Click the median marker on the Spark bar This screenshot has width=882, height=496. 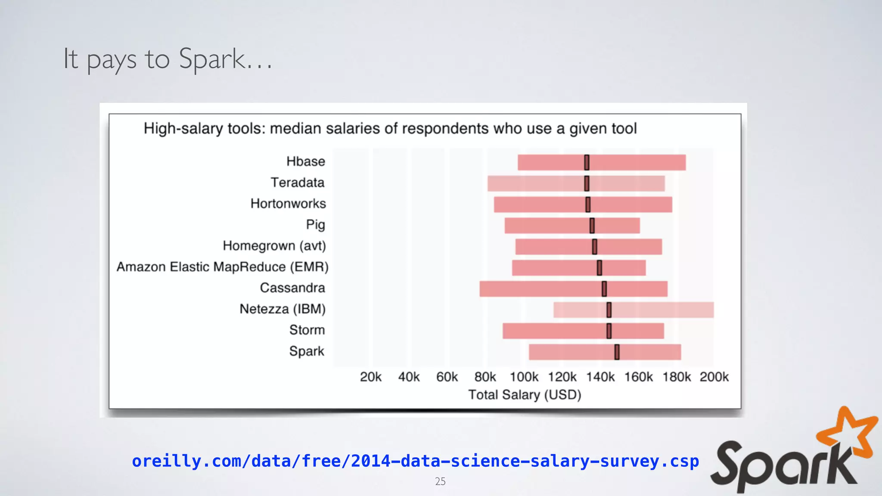coord(617,352)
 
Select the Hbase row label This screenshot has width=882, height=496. coord(305,161)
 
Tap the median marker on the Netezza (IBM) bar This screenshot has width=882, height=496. coord(609,310)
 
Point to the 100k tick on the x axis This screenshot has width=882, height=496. coord(524,377)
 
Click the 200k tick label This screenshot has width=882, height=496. coord(714,377)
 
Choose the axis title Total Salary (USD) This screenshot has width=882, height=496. coord(525,395)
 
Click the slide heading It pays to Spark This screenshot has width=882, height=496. coord(168,59)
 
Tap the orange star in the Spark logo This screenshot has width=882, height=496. coord(851,433)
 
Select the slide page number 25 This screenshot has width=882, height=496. coord(440,481)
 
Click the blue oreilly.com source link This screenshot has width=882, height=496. coord(415,461)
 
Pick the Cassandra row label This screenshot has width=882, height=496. coord(292,288)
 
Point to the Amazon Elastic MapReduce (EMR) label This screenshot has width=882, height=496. coord(222,267)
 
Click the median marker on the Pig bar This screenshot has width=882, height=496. coord(592,226)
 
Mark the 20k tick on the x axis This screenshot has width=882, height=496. coord(370,377)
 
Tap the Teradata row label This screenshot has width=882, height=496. coord(297,183)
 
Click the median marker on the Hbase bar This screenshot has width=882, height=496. coord(587,162)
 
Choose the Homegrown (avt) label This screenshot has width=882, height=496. coord(274,246)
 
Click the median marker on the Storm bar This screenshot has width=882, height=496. coord(609,331)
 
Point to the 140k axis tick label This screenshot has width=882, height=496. coord(600,377)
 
